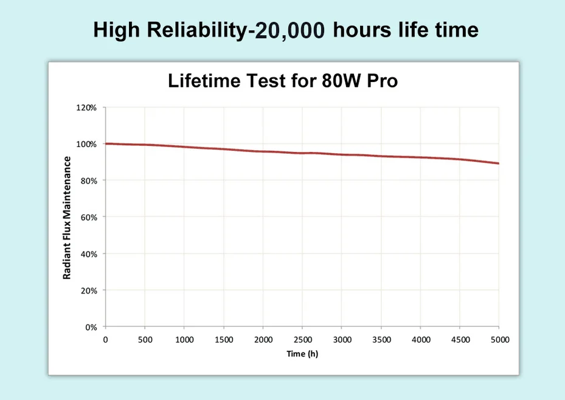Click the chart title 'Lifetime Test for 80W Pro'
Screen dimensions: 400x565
click(x=283, y=80)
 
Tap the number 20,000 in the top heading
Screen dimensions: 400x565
click(x=290, y=30)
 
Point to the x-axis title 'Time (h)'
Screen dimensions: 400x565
click(x=302, y=353)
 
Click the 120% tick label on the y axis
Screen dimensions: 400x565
click(x=86, y=108)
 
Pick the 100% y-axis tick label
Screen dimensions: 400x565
click(x=86, y=144)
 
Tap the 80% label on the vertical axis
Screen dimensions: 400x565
click(x=88, y=181)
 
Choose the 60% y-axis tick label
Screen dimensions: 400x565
click(x=88, y=217)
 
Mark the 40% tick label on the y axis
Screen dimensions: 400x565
click(x=88, y=253)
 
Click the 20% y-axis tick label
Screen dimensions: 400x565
click(x=88, y=291)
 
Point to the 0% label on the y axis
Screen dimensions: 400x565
click(x=91, y=327)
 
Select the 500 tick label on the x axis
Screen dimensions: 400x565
click(x=145, y=339)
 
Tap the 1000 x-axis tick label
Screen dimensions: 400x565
click(x=184, y=339)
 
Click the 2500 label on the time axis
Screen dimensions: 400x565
click(x=302, y=339)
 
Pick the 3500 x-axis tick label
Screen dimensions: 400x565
click(x=381, y=339)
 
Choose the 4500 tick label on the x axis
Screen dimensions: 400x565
click(x=460, y=339)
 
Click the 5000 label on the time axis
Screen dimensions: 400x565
click(x=499, y=339)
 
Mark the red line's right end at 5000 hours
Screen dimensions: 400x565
click(x=499, y=164)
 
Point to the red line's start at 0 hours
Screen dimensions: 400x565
click(x=106, y=143)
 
